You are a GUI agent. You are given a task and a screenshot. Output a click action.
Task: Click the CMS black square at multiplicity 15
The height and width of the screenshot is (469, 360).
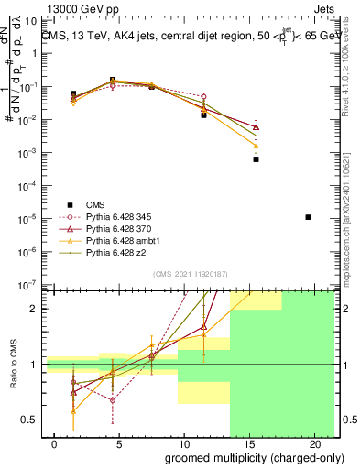click(256, 158)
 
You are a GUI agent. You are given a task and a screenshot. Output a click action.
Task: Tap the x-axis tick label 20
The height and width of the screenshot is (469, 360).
click(309, 443)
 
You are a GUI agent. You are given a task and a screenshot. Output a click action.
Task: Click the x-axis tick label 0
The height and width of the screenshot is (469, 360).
click(55, 443)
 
